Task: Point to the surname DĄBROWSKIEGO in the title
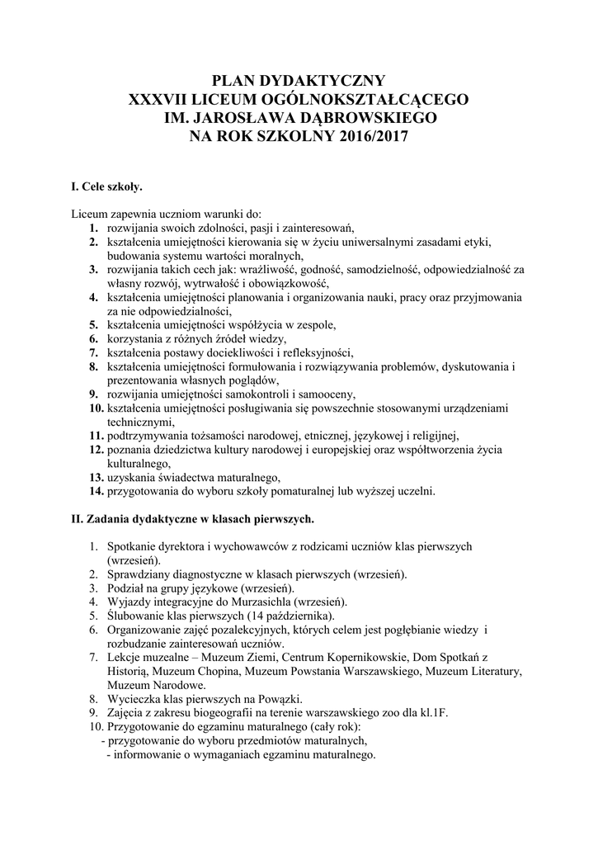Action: [359, 119]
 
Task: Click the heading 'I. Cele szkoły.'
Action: [107, 187]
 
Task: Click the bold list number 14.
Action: [95, 491]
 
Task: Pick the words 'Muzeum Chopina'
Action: [191, 672]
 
